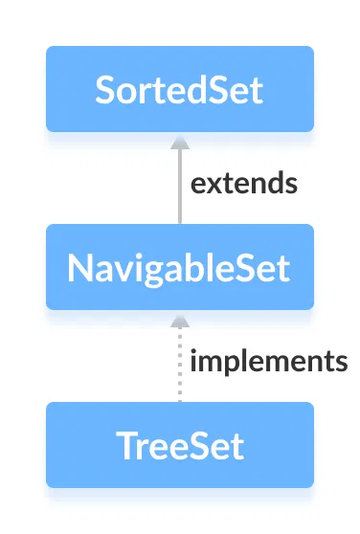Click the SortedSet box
pyautogui.click(x=179, y=89)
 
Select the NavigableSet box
pyautogui.click(x=179, y=267)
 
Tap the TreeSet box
pyautogui.click(x=179, y=445)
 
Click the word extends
pyautogui.click(x=243, y=183)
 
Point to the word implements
pyautogui.click(x=268, y=362)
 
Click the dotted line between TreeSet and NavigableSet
pyautogui.click(x=178, y=368)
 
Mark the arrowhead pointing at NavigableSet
pyautogui.click(x=178, y=319)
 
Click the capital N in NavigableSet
pyautogui.click(x=79, y=268)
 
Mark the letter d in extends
pyautogui.click(x=271, y=182)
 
